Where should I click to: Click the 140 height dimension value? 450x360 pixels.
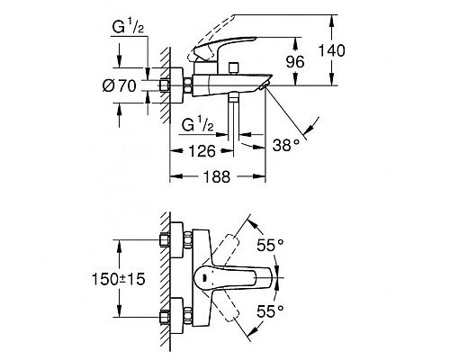pyautogui.click(x=331, y=50)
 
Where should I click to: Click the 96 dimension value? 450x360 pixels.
pyautogui.click(x=295, y=62)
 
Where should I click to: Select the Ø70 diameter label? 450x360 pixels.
pyautogui.click(x=120, y=86)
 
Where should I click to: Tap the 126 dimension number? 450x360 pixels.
pyautogui.click(x=202, y=151)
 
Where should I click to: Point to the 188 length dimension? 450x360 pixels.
pyautogui.click(x=217, y=176)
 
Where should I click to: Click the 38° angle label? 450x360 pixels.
pyautogui.click(x=286, y=145)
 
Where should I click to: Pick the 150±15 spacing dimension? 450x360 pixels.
pyautogui.click(x=118, y=279)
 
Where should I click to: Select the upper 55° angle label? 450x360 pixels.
pyautogui.click(x=270, y=245)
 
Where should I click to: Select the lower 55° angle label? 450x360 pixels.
pyautogui.click(x=270, y=311)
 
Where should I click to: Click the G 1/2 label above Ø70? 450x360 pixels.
pyautogui.click(x=128, y=27)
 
